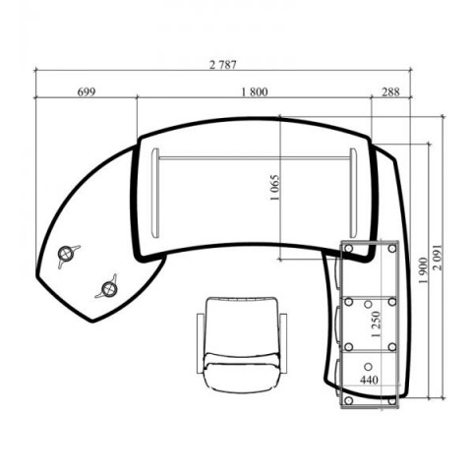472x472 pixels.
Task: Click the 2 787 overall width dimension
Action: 223,65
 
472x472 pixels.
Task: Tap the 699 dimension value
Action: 87,92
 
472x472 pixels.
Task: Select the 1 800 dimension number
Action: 255,92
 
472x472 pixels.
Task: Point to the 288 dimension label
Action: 390,92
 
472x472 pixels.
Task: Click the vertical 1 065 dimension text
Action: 275,188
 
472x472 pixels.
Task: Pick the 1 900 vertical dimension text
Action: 423,270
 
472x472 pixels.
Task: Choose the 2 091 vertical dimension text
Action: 437,258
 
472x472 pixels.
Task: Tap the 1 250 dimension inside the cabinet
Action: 377,324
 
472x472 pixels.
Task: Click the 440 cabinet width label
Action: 369,380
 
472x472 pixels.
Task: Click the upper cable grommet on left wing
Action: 66,253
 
